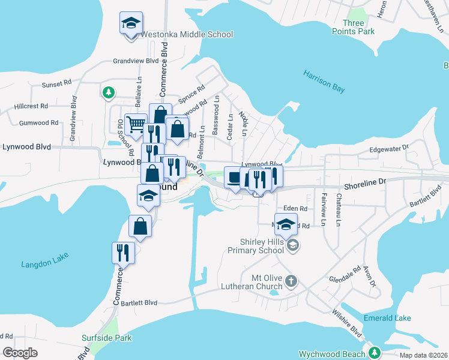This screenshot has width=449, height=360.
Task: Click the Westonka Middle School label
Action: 187,34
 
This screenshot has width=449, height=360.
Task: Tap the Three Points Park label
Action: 357,27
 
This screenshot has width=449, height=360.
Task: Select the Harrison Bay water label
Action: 324,82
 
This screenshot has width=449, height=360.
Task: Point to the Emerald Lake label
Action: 387,317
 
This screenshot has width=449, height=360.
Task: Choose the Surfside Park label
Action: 107,338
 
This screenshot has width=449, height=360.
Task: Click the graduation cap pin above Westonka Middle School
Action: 131,24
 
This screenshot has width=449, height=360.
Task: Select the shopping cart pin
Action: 136,125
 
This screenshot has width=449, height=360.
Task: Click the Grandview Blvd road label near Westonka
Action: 136,61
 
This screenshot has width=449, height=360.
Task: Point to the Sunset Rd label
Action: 56,85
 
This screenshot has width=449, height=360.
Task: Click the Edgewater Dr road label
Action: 389,147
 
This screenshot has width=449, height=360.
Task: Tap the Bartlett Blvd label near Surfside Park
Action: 139,303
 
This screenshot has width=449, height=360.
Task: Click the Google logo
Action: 20,353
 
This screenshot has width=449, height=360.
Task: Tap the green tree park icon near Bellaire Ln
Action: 109,92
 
